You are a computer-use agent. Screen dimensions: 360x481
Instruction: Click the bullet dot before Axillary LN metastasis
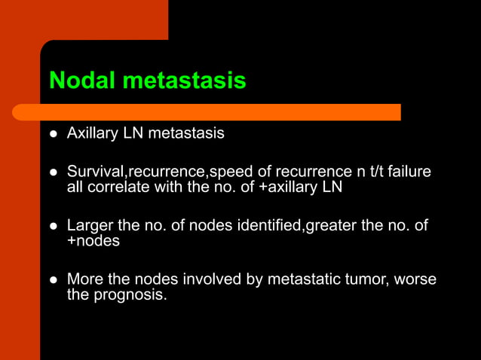54,134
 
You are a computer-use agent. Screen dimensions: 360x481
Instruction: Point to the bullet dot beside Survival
54,172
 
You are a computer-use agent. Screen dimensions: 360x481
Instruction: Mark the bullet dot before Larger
54,226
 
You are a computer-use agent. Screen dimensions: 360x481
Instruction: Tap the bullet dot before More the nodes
54,279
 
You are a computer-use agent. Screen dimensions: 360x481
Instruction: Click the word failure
408,172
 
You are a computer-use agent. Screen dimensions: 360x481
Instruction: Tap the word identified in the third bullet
268,226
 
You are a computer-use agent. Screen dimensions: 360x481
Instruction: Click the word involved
215,279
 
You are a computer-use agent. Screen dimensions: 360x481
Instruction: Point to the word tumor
366,279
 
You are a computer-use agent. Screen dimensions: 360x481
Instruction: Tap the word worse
415,279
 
